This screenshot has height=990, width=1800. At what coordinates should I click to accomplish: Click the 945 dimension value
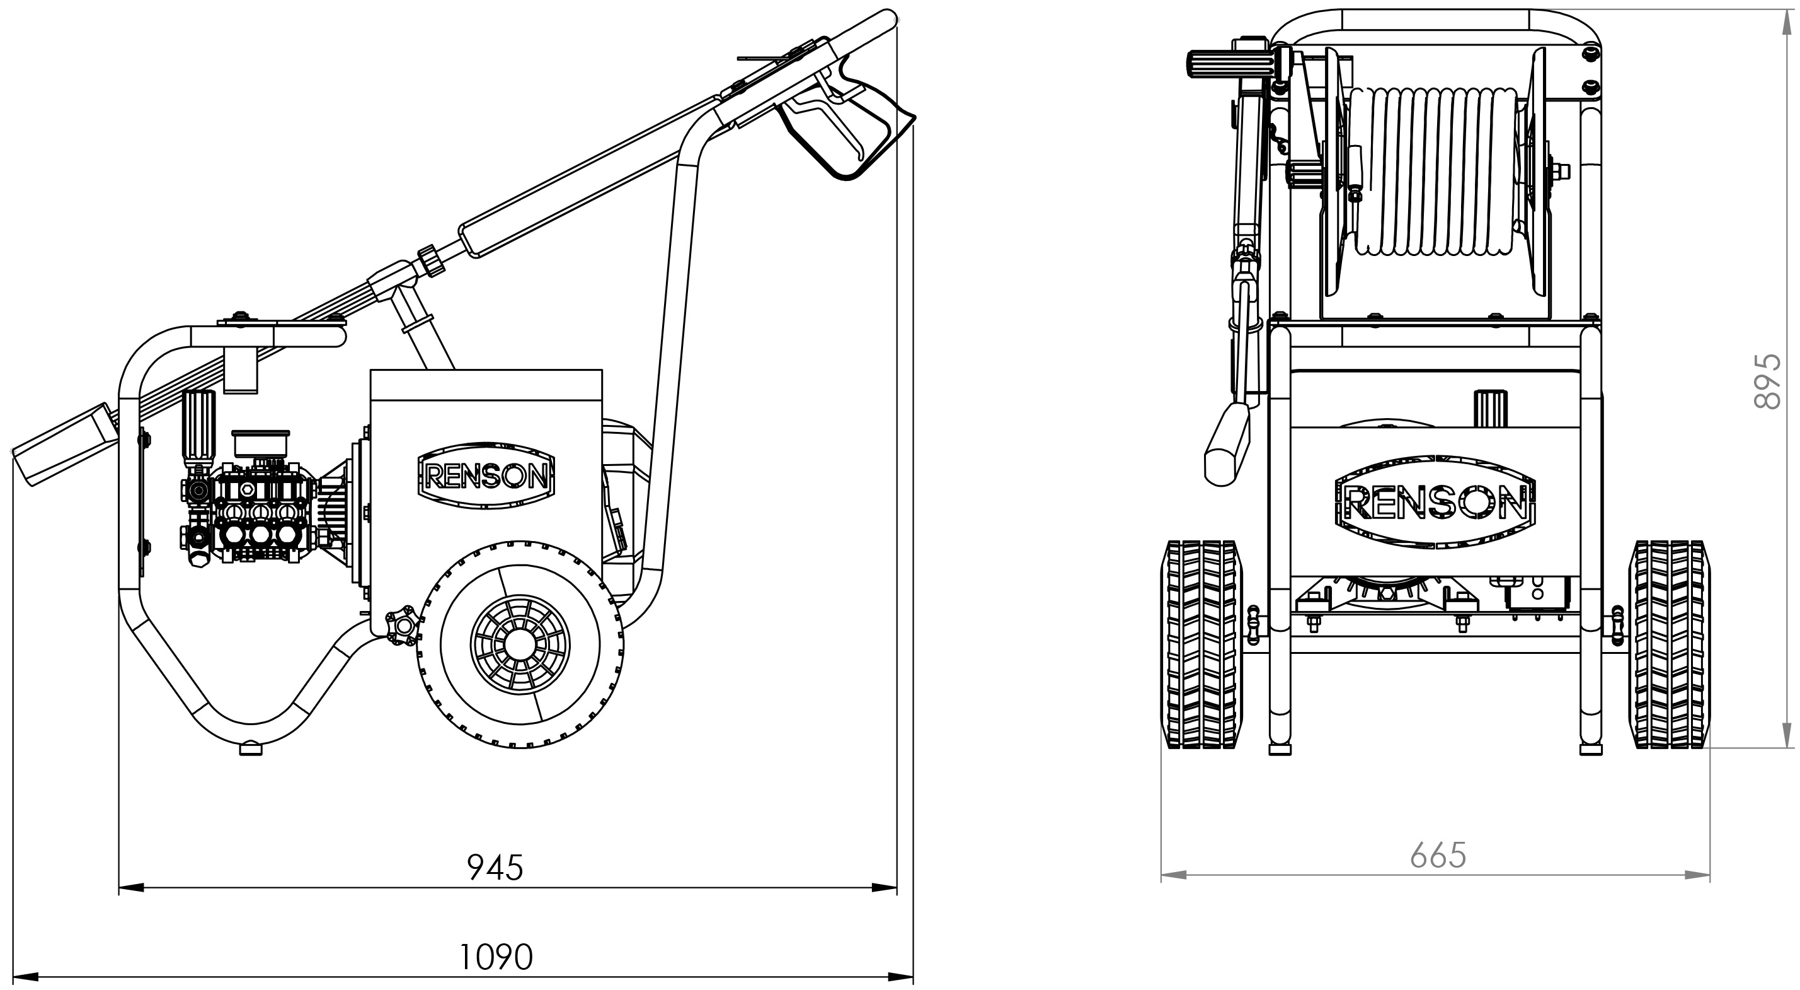coord(495,868)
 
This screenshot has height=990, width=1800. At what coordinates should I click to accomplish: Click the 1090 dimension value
coord(495,957)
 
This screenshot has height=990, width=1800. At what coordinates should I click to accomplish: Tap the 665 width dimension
coord(1438,855)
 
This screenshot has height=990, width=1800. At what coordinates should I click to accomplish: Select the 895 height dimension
coord(1767,381)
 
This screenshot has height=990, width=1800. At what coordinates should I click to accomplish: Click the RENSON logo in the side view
coord(486,477)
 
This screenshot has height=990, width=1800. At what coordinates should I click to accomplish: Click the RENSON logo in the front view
coord(1435,501)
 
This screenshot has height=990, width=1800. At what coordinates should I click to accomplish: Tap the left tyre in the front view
coord(1201,644)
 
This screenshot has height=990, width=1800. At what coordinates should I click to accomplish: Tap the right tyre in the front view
coord(1670,644)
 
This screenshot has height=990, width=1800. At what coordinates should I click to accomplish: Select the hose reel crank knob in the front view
coord(1210,64)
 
